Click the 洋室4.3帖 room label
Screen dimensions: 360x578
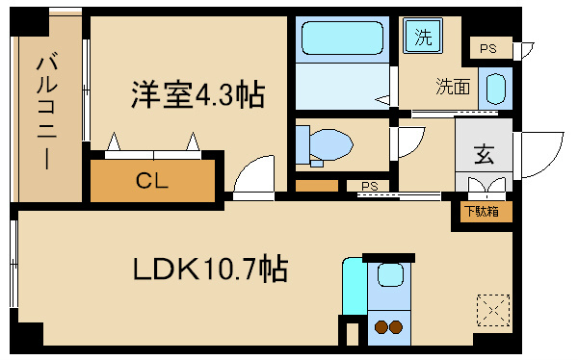point(198,95)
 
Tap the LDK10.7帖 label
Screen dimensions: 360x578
point(208,269)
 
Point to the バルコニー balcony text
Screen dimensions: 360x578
point(43,113)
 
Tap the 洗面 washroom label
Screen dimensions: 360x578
point(452,87)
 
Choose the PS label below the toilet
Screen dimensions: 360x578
point(368,186)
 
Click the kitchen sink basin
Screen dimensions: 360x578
point(389,275)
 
